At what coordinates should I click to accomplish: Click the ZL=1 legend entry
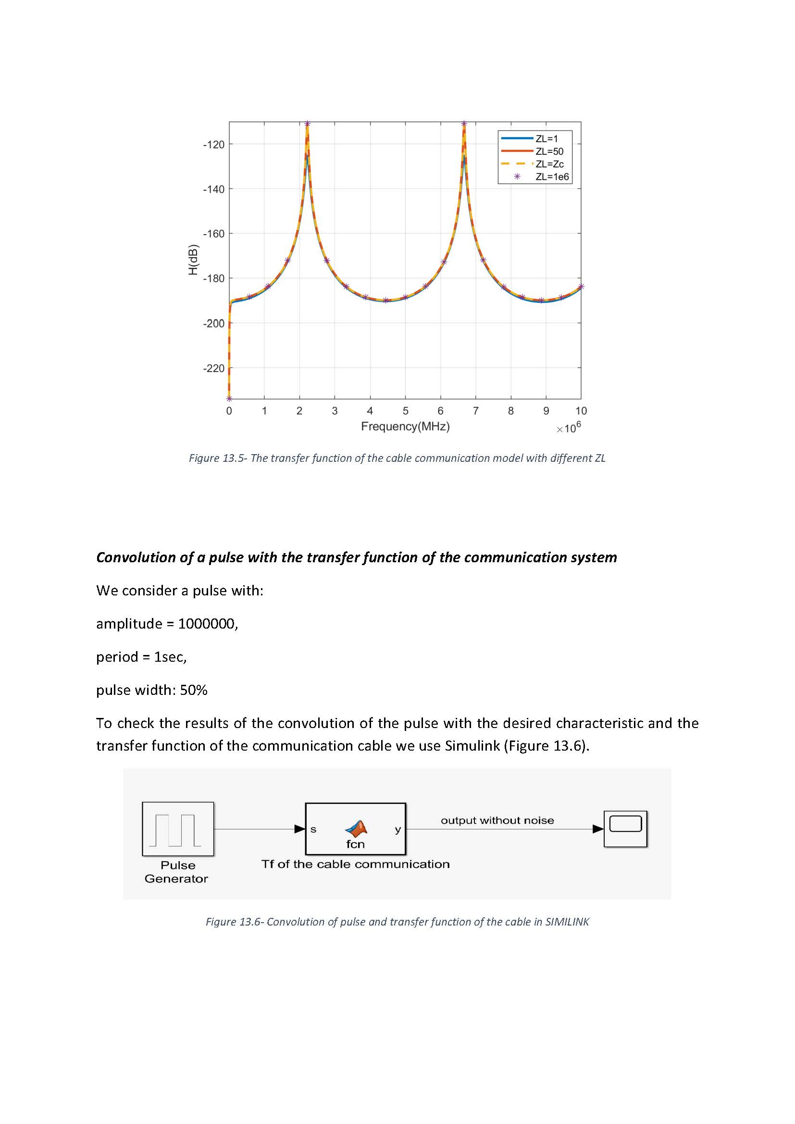[547, 139]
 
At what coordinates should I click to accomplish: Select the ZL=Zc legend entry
[549, 164]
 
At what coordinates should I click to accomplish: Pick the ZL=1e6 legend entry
[552, 177]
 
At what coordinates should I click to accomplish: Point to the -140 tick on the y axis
[213, 189]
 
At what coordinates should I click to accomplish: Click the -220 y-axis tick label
[213, 368]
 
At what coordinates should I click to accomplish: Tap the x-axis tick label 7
[475, 411]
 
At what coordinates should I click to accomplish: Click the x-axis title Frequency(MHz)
[405, 426]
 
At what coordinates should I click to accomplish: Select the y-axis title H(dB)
[193, 260]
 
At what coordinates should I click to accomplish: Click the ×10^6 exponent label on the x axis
[568, 428]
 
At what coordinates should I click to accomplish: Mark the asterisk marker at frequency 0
[229, 398]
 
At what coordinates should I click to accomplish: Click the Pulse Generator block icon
[178, 829]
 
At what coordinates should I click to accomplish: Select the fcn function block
[355, 829]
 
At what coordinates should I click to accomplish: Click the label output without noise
[497, 820]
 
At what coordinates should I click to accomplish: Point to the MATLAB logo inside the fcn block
[356, 828]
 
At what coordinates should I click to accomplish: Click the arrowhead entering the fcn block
[299, 829]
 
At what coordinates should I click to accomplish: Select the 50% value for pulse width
[193, 690]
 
